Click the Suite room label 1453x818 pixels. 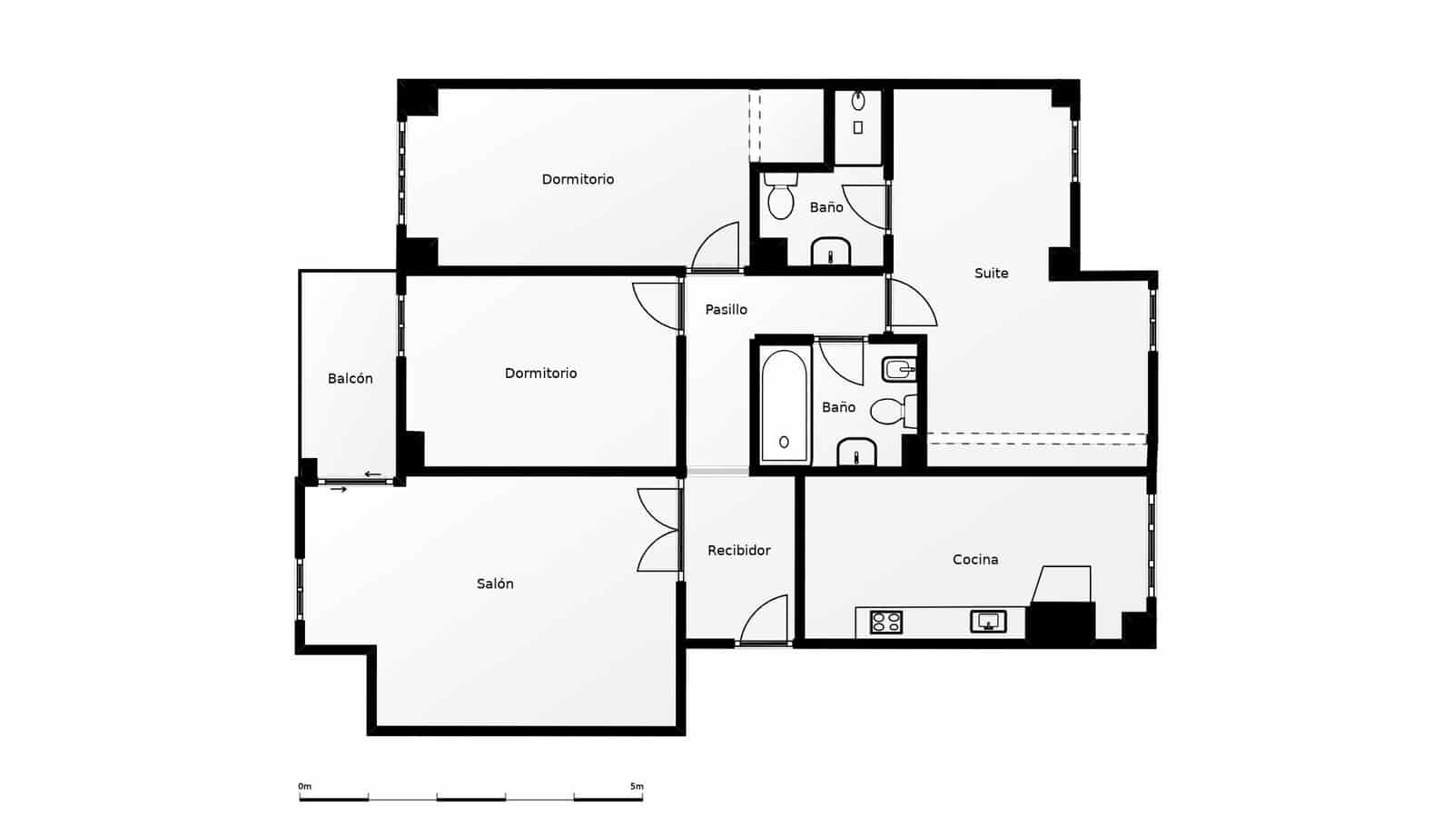(x=991, y=273)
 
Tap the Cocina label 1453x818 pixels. (x=975, y=559)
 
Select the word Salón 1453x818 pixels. (x=495, y=584)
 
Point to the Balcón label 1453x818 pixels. (x=350, y=378)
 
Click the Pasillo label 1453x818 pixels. (x=726, y=309)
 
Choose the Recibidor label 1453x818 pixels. (x=738, y=550)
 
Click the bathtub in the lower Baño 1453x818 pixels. (x=784, y=406)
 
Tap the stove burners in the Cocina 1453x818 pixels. (x=885, y=622)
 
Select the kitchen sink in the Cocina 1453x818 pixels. (x=988, y=622)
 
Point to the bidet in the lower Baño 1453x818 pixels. (x=899, y=368)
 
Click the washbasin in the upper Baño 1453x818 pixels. (x=830, y=251)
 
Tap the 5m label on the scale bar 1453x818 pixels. (x=636, y=786)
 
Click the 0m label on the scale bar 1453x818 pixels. (x=304, y=786)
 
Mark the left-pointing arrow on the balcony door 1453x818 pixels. (x=372, y=474)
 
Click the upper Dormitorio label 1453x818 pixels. (x=578, y=179)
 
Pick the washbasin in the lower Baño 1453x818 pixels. (x=855, y=452)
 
